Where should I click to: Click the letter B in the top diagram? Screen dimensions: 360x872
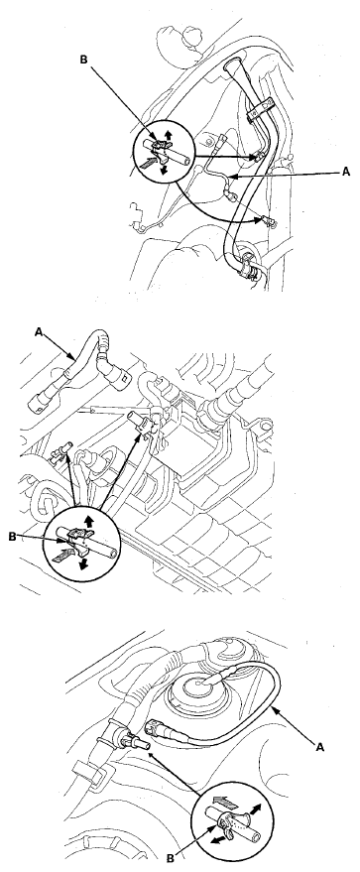(x=84, y=60)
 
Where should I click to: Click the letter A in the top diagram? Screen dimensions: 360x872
(x=345, y=172)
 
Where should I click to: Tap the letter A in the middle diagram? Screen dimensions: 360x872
(x=39, y=332)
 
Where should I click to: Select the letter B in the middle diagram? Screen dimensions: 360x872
(x=13, y=537)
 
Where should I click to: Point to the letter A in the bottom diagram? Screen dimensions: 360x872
(x=319, y=747)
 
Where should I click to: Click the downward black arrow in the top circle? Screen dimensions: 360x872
(x=164, y=169)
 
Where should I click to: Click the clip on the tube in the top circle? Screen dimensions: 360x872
(x=160, y=149)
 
